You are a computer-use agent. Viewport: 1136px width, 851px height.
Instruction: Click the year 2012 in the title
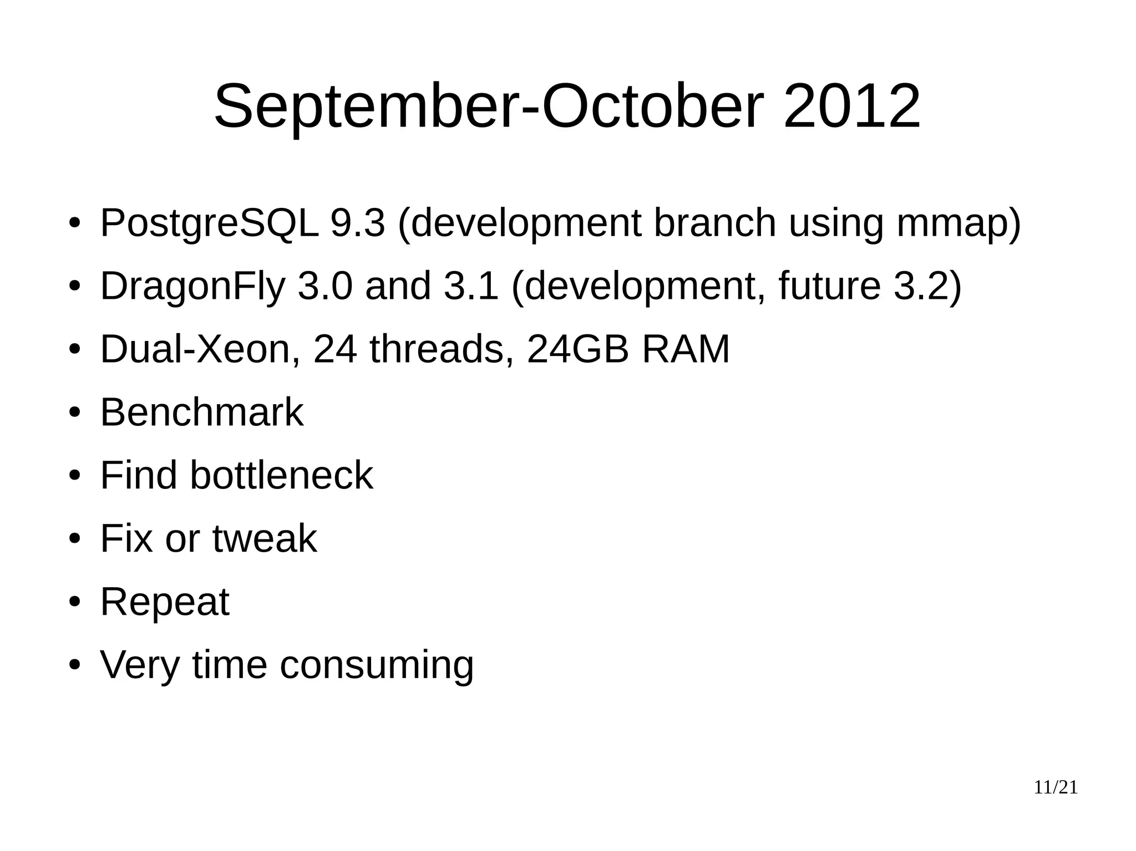[x=851, y=106]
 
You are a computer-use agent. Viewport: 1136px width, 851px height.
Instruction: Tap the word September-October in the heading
[x=488, y=106]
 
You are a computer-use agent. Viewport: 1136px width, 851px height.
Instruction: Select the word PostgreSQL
[x=209, y=223]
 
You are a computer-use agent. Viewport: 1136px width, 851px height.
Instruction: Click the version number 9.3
[x=357, y=223]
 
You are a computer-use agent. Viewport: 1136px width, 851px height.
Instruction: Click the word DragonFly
[x=192, y=286]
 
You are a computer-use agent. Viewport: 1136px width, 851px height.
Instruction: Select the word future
[x=829, y=286]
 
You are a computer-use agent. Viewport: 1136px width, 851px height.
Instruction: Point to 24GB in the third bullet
[x=577, y=349]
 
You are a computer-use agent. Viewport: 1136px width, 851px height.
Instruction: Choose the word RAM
[x=686, y=349]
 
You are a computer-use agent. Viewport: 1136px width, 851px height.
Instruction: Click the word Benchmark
[x=201, y=412]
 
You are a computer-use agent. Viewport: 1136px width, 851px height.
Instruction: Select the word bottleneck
[x=281, y=475]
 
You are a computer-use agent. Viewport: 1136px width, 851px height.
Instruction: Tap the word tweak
[x=265, y=538]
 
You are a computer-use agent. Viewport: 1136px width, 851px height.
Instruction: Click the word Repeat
[x=164, y=602]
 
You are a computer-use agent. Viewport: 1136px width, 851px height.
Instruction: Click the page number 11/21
[x=1056, y=788]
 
